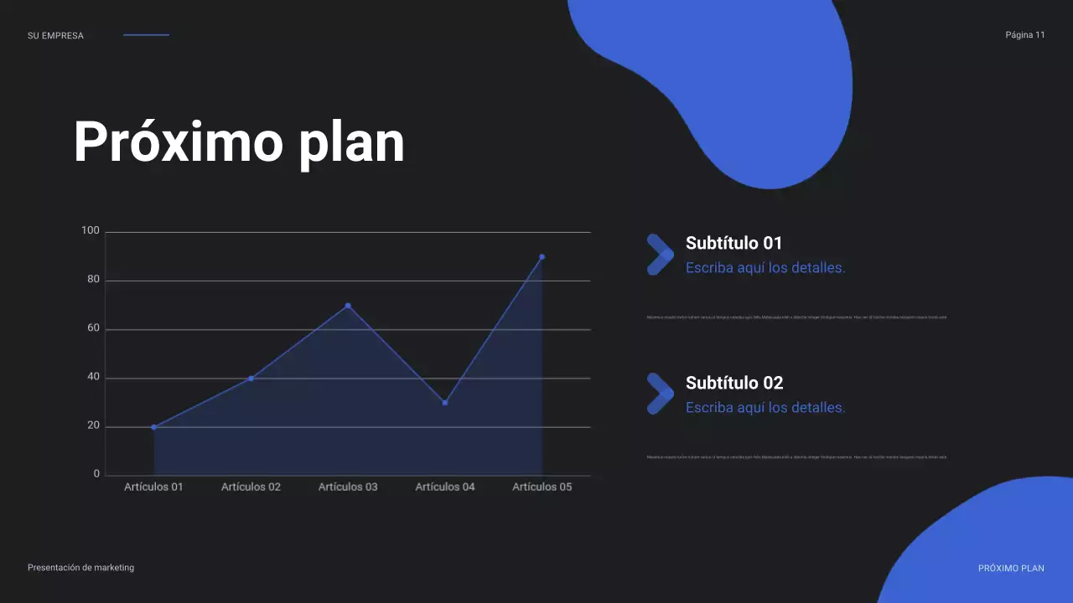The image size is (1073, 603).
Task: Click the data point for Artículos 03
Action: coord(348,306)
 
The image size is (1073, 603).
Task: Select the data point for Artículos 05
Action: coord(542,257)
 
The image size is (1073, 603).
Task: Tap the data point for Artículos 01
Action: coord(154,427)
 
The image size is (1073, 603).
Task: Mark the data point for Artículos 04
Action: coord(445,403)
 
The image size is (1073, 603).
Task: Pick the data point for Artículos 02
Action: coord(251,379)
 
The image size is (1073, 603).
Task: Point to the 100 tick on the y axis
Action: coord(91,231)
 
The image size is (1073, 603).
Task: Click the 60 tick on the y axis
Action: coord(94,328)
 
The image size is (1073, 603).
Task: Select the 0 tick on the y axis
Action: coord(96,474)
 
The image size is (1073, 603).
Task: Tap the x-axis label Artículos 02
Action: coord(251,487)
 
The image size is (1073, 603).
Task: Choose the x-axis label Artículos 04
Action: coord(445,487)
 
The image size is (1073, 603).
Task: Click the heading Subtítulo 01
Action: coord(733,243)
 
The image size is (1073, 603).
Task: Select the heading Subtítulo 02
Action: coord(734,383)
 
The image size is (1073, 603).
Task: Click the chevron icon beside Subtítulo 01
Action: coord(660,255)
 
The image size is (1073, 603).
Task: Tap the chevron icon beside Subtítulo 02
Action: coord(660,394)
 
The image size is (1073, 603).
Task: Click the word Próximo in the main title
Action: coord(178,142)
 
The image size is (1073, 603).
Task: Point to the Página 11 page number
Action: coord(1025,35)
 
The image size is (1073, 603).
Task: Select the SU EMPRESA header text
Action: coord(55,36)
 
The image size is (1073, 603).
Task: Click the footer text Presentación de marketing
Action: coord(80,567)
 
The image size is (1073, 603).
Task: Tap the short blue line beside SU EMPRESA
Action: coord(146,35)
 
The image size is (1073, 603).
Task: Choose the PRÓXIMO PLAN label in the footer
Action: coord(1011,568)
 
